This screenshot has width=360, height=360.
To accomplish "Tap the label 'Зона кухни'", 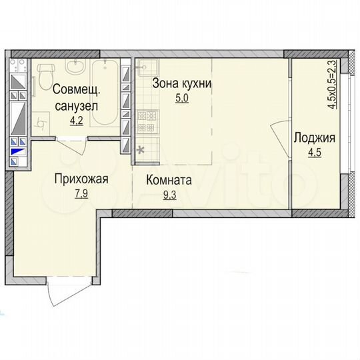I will (182, 84).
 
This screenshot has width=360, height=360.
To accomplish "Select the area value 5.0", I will (182, 97).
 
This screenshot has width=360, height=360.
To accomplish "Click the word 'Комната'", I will (170, 180).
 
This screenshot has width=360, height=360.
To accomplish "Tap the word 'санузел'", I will (76, 106).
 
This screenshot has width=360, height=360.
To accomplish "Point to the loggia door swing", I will (280, 133).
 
